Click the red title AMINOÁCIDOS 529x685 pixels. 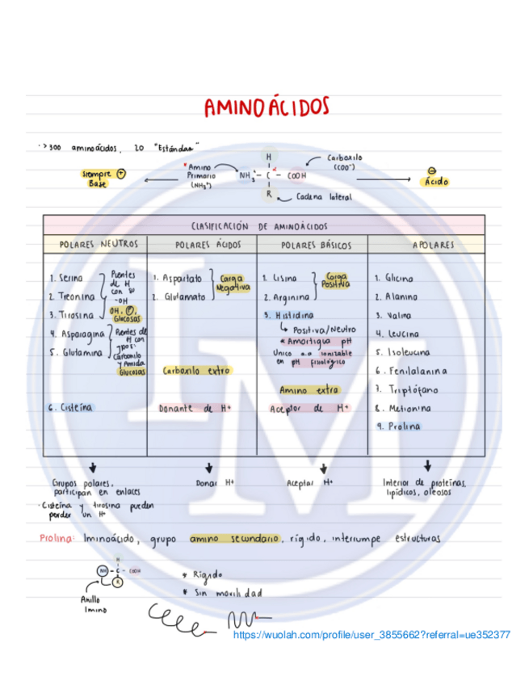[266, 107]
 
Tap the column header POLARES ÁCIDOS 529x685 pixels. [203, 245]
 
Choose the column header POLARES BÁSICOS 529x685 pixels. [313, 245]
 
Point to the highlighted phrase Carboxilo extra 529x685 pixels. [196, 371]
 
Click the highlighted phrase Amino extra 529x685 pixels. [309, 390]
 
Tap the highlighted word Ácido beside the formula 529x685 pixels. [435, 182]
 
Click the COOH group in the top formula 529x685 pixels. [296, 174]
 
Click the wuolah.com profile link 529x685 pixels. [372, 635]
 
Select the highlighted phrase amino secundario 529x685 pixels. [234, 538]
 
